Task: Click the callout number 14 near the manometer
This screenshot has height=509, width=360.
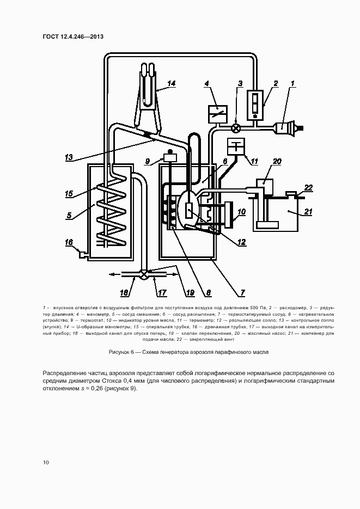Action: click(172, 83)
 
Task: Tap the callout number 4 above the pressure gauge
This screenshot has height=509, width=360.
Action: click(207, 83)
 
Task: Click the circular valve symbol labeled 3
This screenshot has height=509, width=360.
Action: click(236, 128)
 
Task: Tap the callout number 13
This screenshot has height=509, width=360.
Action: click(69, 157)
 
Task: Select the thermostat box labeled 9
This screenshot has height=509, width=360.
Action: click(170, 158)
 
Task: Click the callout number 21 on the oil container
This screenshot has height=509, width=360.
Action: click(308, 212)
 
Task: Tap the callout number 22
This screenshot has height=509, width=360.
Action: click(309, 187)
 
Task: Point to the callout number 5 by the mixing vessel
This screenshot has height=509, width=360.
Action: click(69, 215)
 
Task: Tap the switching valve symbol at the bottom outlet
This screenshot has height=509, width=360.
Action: click(144, 275)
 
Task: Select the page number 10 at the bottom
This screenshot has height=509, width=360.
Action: click(46, 462)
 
